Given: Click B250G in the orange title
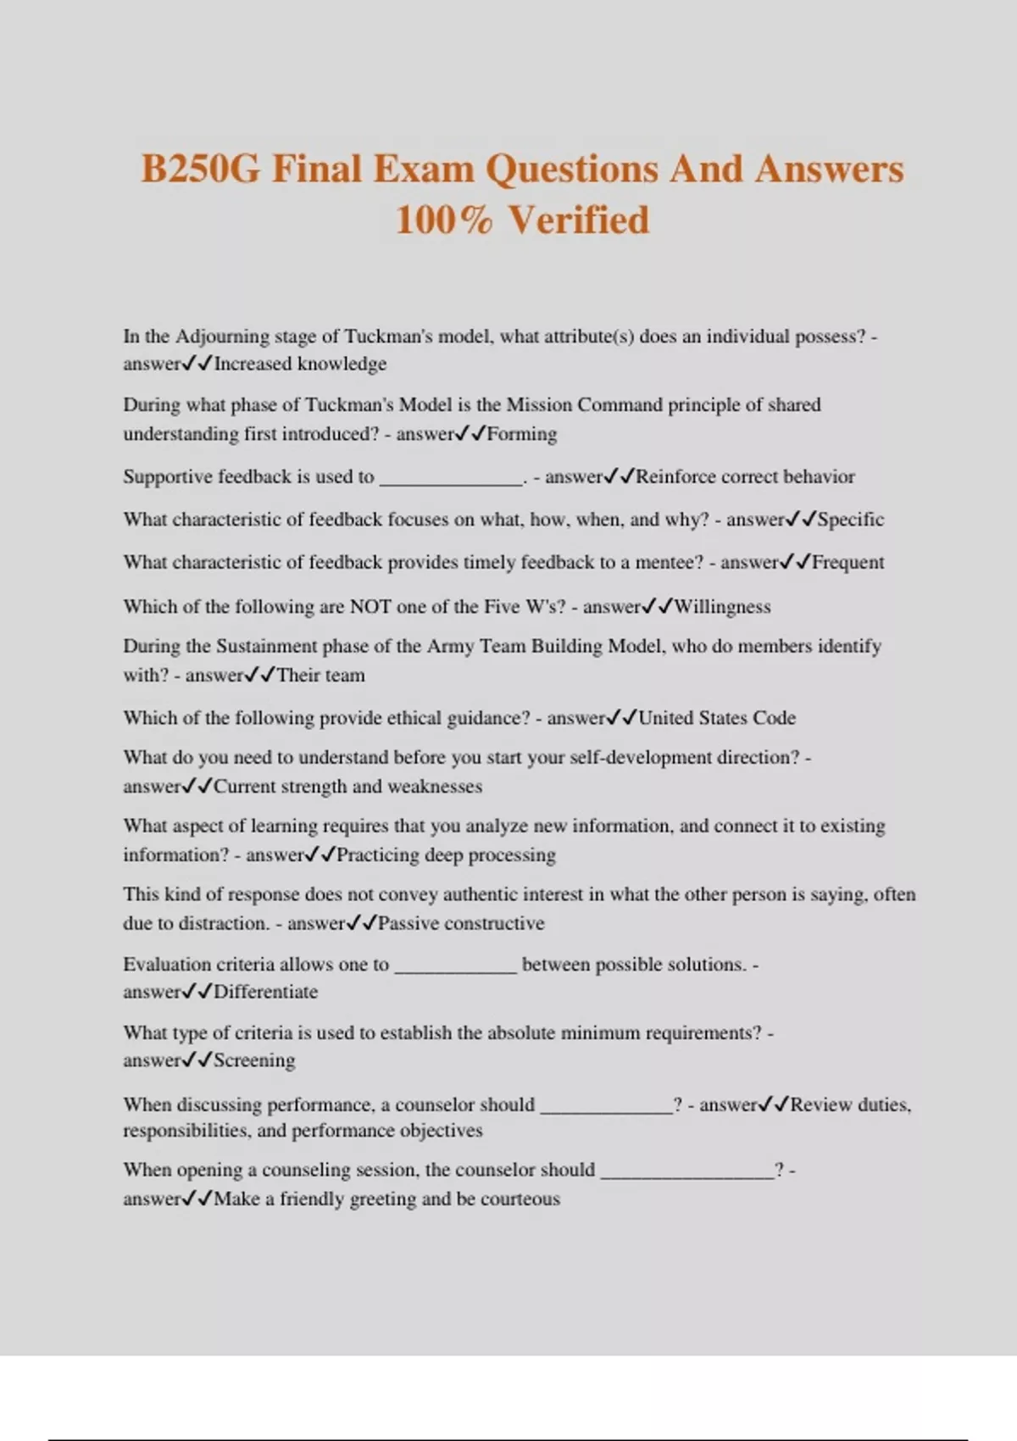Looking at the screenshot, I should [200, 169].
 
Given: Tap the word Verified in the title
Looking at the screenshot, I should [580, 220].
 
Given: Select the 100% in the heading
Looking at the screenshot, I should [443, 220].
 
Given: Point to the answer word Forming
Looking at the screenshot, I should [522, 434].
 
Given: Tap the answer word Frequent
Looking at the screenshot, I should [847, 563].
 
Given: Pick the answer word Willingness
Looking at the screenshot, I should [722, 607].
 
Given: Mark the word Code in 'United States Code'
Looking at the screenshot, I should [774, 718].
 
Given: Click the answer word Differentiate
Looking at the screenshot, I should [265, 993].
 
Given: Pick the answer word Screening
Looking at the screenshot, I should [254, 1060].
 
